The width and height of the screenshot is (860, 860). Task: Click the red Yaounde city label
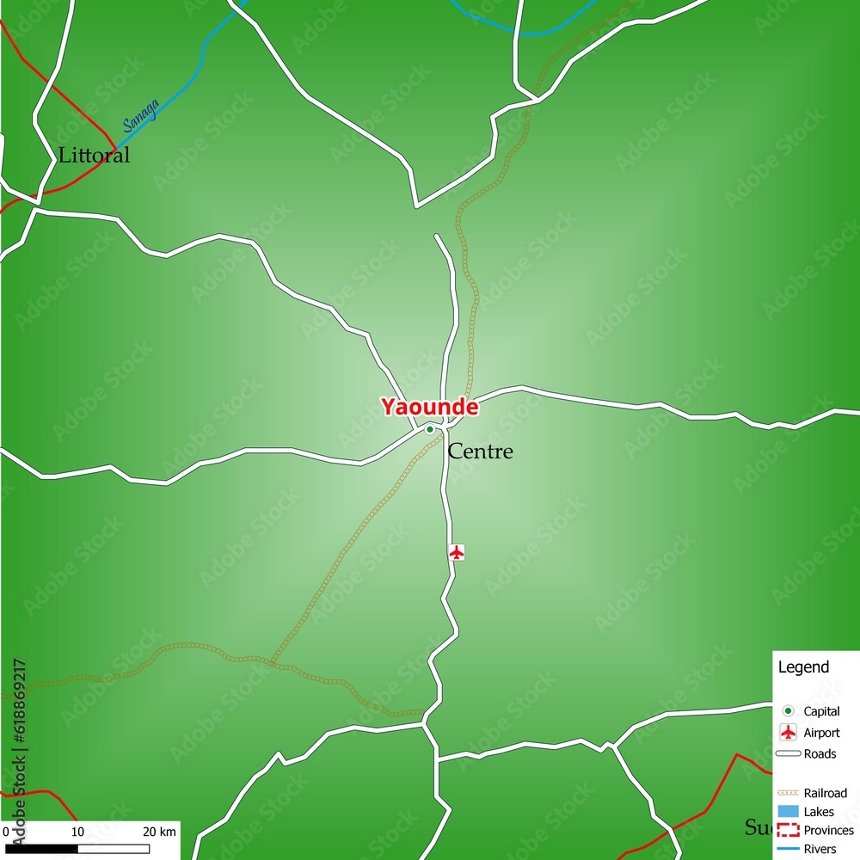(x=429, y=407)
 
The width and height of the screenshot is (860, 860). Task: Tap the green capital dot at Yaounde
(x=430, y=429)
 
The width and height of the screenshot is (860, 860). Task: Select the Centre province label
(x=481, y=451)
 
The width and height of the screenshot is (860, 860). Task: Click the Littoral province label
(x=94, y=156)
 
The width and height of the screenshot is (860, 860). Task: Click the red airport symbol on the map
(x=457, y=552)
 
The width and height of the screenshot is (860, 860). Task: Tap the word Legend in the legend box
(x=803, y=667)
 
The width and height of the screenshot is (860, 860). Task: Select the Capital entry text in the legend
(x=821, y=711)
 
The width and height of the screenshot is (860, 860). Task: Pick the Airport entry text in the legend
(x=821, y=733)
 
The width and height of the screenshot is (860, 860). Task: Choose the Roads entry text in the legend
(x=820, y=754)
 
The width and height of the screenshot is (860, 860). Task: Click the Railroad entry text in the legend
(x=825, y=793)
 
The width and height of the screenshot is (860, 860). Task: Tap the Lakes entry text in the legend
(x=819, y=812)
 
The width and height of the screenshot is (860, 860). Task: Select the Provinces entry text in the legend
(x=828, y=831)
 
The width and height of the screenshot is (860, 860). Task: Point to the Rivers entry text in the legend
(x=820, y=850)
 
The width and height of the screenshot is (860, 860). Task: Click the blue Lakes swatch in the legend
(x=788, y=812)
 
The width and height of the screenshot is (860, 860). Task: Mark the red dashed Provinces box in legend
(x=788, y=831)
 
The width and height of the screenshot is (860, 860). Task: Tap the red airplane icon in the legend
(x=788, y=733)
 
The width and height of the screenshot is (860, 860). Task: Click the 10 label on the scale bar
(x=77, y=832)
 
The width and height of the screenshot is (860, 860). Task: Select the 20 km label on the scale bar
(x=159, y=832)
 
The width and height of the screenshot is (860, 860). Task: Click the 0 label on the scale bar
(x=5, y=832)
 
